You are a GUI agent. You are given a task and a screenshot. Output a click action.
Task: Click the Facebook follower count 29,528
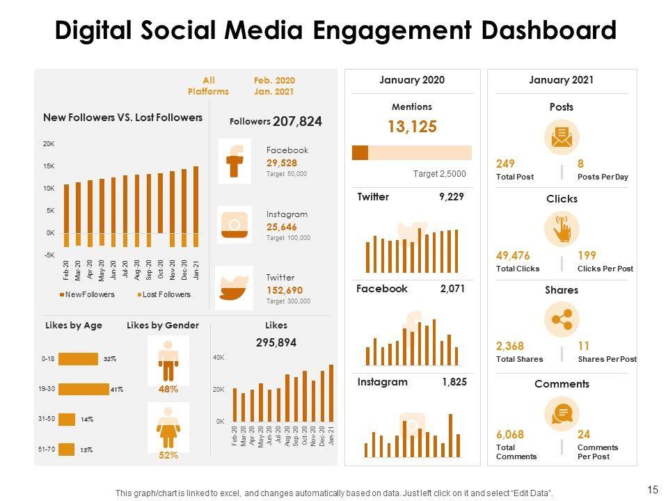[x=281, y=163]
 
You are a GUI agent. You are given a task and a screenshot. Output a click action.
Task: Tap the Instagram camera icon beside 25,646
[x=234, y=224]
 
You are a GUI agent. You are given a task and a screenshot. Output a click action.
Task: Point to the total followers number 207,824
[x=297, y=122]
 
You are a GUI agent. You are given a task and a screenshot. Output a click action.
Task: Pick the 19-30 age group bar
[x=83, y=389]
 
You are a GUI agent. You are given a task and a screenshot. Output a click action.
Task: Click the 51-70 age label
[x=47, y=450]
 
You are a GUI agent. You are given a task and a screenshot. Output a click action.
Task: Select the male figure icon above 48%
[x=168, y=359]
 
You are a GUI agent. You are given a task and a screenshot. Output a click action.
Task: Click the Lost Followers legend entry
[x=164, y=295]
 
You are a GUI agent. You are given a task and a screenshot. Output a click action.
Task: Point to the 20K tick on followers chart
[x=49, y=144]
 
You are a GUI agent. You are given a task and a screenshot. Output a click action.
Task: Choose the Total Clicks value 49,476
[x=513, y=255]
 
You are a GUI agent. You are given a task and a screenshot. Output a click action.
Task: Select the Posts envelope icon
[x=561, y=138]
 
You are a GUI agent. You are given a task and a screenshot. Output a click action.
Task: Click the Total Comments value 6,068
[x=510, y=434]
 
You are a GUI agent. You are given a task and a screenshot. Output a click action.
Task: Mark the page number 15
[x=652, y=490]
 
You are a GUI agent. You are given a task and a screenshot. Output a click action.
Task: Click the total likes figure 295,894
[x=276, y=342]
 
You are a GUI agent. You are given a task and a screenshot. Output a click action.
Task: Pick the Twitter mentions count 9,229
[x=451, y=197]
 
